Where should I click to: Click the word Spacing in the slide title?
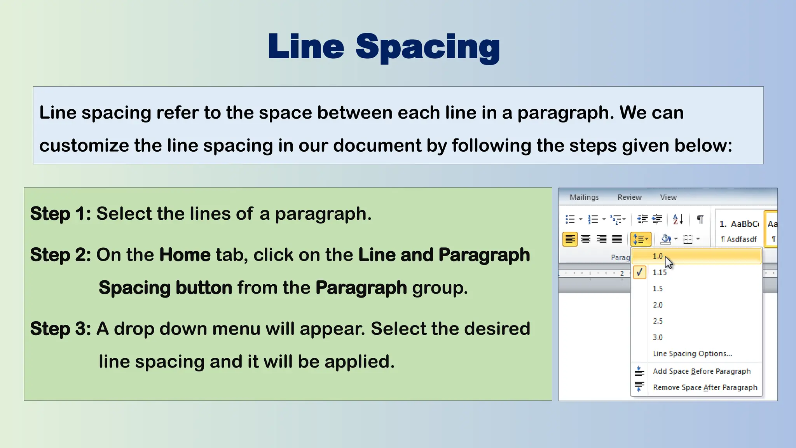(x=428, y=47)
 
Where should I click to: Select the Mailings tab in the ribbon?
(x=584, y=197)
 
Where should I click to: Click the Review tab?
(x=629, y=197)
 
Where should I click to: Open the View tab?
(x=668, y=197)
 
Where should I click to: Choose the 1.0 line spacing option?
(x=658, y=256)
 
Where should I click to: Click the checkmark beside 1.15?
(x=639, y=272)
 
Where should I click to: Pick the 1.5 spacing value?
(x=658, y=289)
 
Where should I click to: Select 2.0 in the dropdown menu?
(x=658, y=305)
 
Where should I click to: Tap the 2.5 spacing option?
(x=658, y=321)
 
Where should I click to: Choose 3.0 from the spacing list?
(x=658, y=338)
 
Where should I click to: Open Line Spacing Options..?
(x=692, y=354)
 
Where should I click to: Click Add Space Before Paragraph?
(x=702, y=371)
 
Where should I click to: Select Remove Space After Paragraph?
(x=705, y=388)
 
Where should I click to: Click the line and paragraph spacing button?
(x=641, y=239)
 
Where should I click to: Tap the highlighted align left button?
(x=570, y=239)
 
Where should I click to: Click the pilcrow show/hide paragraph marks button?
(x=700, y=220)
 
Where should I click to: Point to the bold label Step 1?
(x=61, y=214)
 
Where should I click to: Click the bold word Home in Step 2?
(x=185, y=255)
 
